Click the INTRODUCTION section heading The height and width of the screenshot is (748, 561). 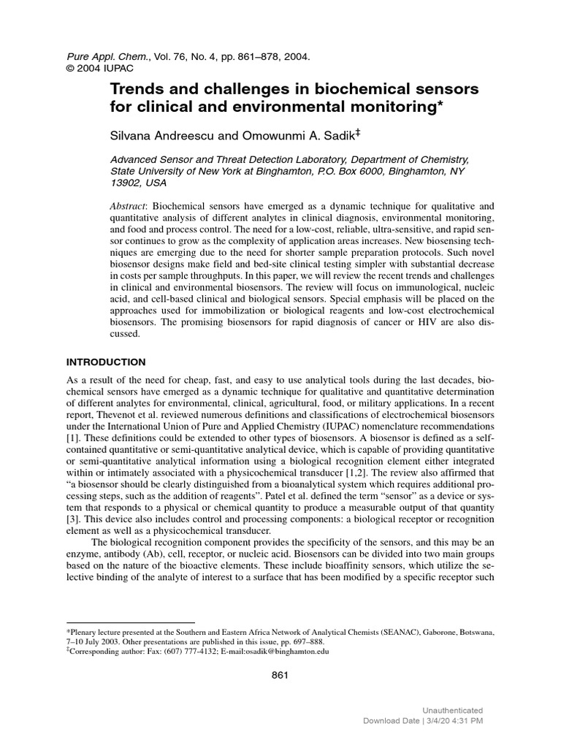[106, 362]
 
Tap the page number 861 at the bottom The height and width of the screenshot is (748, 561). [280, 676]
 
